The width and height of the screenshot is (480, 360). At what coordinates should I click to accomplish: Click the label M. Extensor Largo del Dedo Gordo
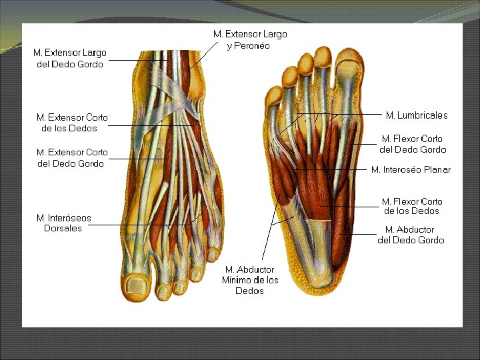[x=69, y=59]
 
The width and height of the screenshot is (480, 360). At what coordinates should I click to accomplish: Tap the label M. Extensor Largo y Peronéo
[x=250, y=39]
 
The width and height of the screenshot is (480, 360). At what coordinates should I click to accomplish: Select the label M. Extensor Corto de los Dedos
[x=72, y=123]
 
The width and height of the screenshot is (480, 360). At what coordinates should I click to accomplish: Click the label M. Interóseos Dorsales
[x=64, y=223]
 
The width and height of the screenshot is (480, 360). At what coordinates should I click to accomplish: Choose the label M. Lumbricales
[x=417, y=115]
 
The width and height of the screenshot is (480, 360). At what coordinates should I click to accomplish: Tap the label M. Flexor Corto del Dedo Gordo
[x=413, y=144]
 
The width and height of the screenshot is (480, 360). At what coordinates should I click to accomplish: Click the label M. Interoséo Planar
[x=411, y=169]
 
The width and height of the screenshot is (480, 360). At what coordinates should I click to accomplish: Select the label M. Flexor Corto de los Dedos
[x=411, y=206]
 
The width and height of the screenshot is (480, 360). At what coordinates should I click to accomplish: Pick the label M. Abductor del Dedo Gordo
[x=411, y=235]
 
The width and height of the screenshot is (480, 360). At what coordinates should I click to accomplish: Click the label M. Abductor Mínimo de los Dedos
[x=250, y=280]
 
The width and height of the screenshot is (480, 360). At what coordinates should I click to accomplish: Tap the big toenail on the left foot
[x=138, y=287]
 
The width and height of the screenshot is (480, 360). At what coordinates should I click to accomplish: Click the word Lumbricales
[x=423, y=115]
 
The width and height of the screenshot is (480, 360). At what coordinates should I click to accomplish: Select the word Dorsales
[x=63, y=228]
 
